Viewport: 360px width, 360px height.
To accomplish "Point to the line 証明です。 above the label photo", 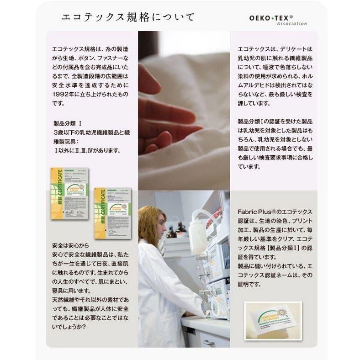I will [249, 284].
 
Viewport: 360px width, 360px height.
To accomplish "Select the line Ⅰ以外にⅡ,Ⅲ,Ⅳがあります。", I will [87, 150].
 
